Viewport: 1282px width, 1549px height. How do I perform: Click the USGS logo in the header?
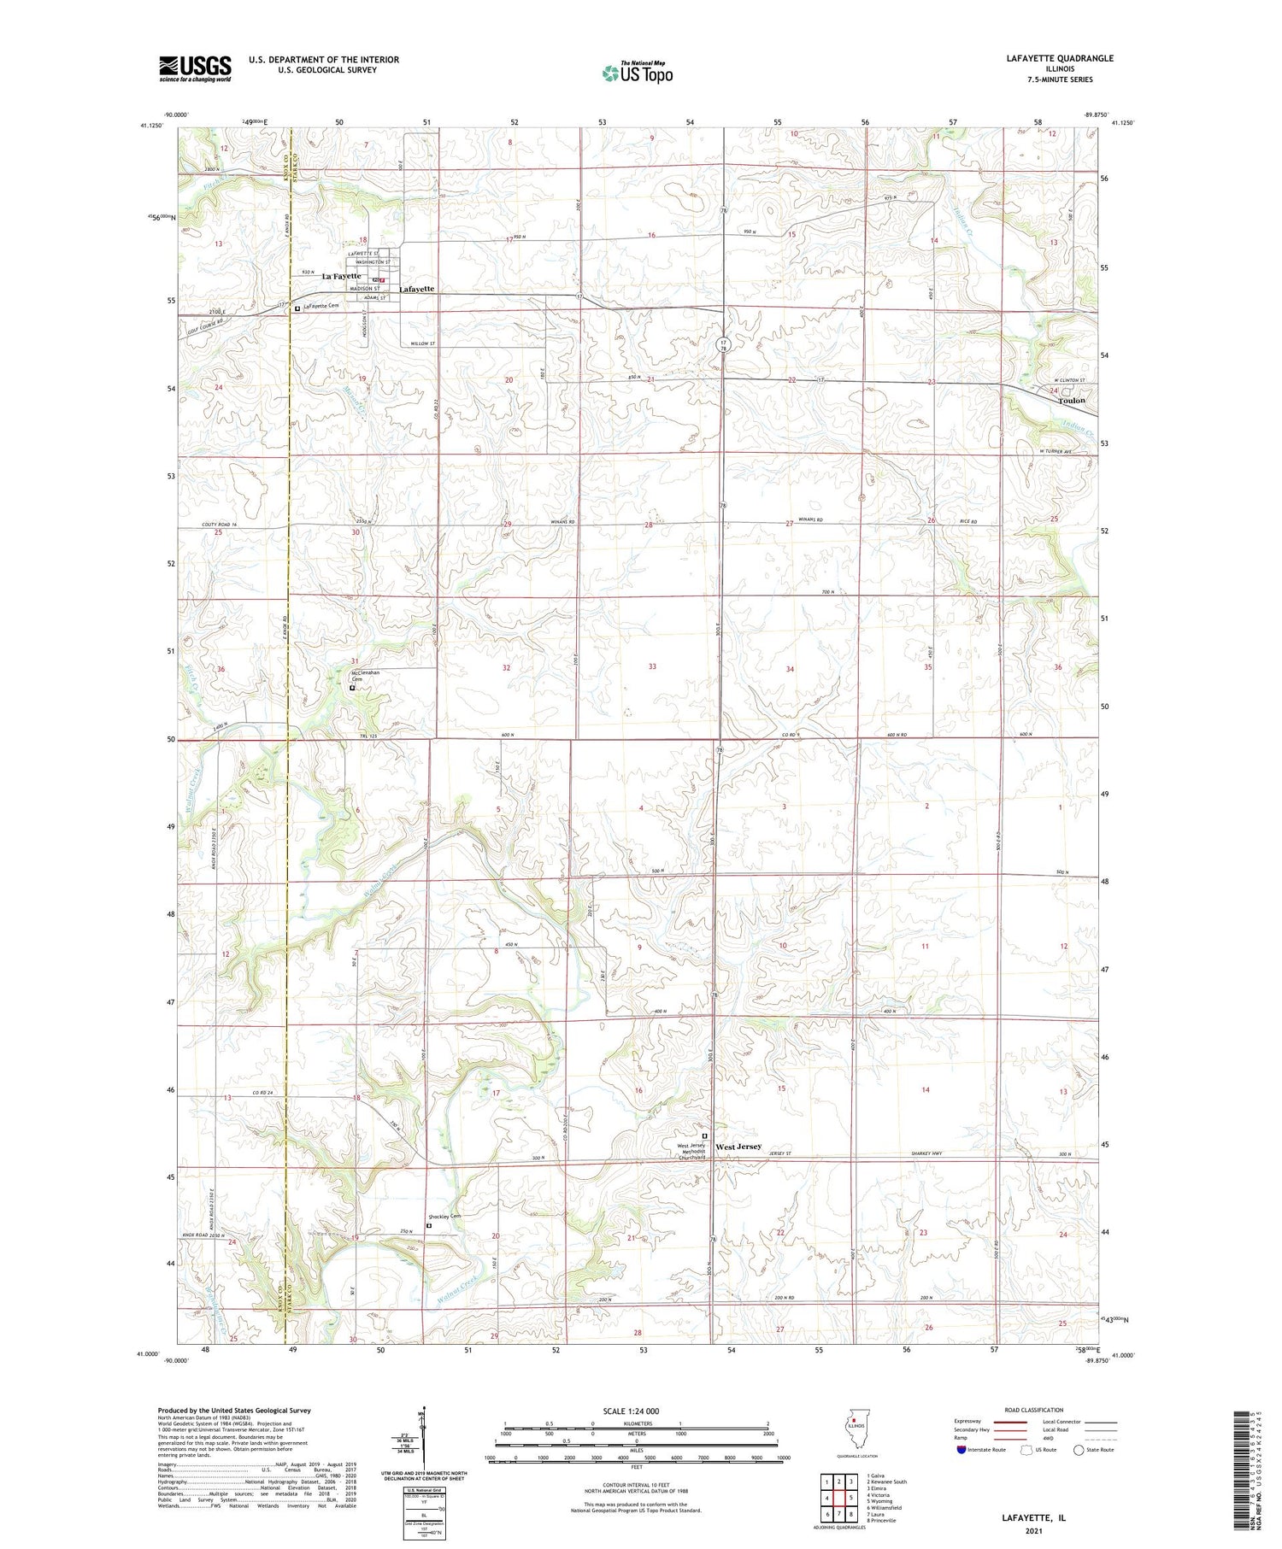194,68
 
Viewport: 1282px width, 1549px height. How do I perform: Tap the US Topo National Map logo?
637,73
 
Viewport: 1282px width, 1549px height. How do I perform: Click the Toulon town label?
1071,400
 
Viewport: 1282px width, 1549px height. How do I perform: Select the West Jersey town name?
738,1147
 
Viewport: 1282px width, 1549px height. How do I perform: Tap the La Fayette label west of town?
341,277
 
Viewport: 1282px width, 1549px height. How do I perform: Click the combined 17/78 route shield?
723,345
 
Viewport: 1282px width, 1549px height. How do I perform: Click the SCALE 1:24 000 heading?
631,1411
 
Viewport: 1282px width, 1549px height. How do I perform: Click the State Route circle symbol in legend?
1079,1450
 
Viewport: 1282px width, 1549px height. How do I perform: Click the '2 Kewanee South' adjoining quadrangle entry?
887,1482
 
